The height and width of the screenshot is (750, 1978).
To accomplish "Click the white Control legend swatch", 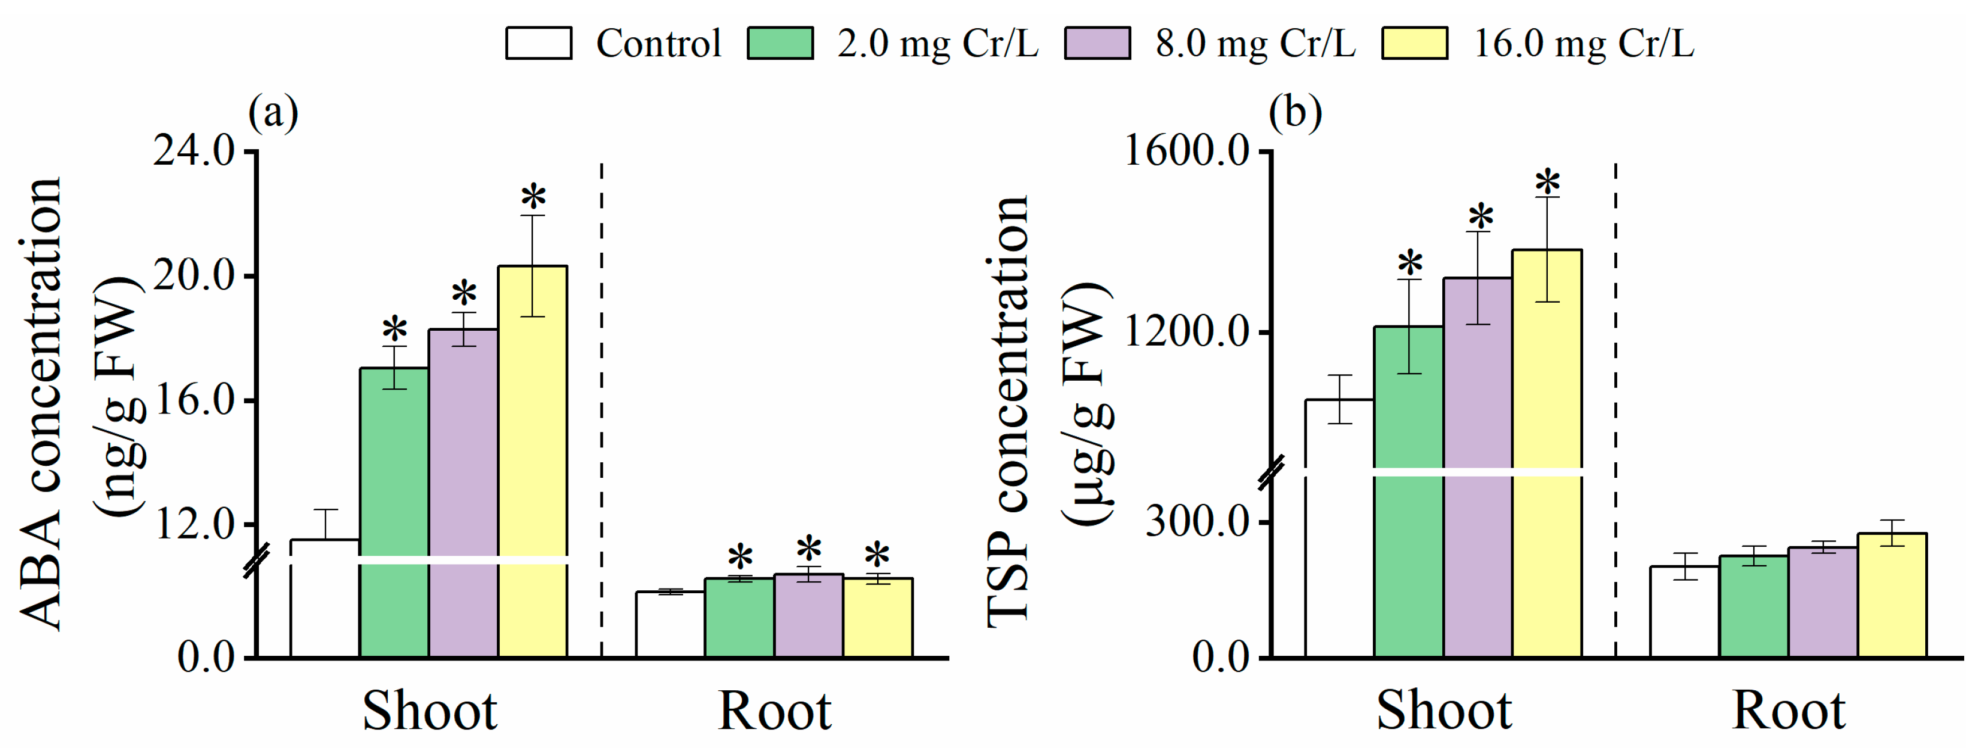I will point(538,43).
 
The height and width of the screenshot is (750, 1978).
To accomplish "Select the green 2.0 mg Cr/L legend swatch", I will point(780,43).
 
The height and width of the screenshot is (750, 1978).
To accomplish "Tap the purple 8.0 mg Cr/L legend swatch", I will point(1097,43).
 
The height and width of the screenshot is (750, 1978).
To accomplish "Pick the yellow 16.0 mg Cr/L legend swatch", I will point(1415,43).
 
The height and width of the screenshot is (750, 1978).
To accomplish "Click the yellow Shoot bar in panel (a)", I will point(532,461).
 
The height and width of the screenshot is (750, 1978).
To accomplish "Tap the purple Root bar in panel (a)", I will point(808,616).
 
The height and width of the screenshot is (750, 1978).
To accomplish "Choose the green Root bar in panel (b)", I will point(1753,606).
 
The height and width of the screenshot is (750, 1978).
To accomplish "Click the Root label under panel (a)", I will point(774,711).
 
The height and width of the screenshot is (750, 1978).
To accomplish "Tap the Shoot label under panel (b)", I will point(1443,711).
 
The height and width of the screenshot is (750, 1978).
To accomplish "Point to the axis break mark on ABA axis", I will point(256,560).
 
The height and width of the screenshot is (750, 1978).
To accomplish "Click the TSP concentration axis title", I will point(1007,411).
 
